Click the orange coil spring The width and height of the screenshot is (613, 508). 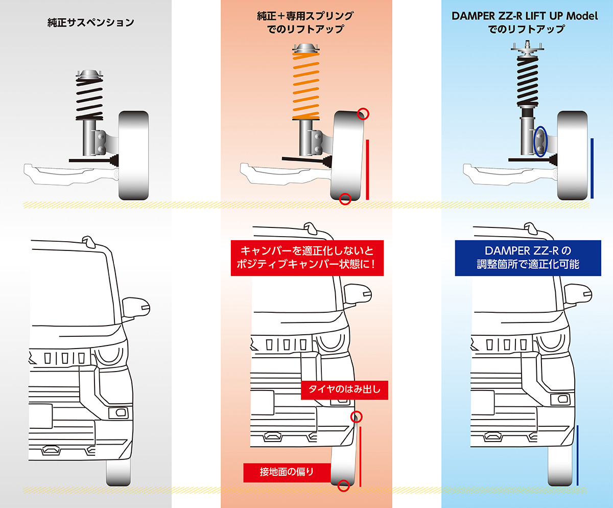(x=305, y=85)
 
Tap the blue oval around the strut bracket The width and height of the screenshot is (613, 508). (x=540, y=142)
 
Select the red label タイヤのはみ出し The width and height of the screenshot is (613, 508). (x=345, y=390)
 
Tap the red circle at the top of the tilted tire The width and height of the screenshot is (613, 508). (x=363, y=113)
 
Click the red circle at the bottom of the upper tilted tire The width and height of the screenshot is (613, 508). (x=345, y=198)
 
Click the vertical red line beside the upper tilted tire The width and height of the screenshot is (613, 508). (x=367, y=170)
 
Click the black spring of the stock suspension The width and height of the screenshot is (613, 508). (x=89, y=100)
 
